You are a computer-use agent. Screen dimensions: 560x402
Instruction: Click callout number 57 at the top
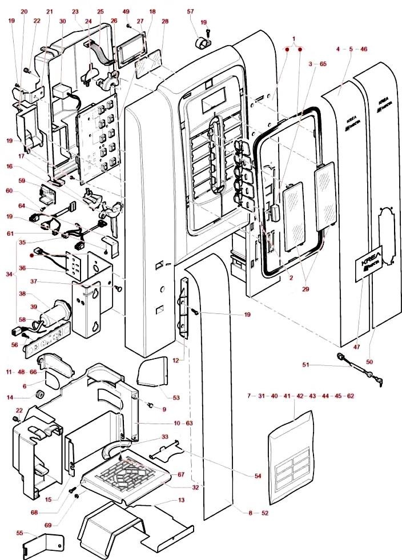click(x=191, y=11)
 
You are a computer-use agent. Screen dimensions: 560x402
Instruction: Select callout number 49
click(x=126, y=11)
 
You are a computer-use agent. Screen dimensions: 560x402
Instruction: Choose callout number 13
click(x=182, y=500)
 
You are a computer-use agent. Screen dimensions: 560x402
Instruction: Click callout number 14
click(x=10, y=397)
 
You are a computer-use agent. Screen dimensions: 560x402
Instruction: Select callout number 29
click(x=306, y=289)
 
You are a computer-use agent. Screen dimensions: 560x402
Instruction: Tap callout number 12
click(x=175, y=360)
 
